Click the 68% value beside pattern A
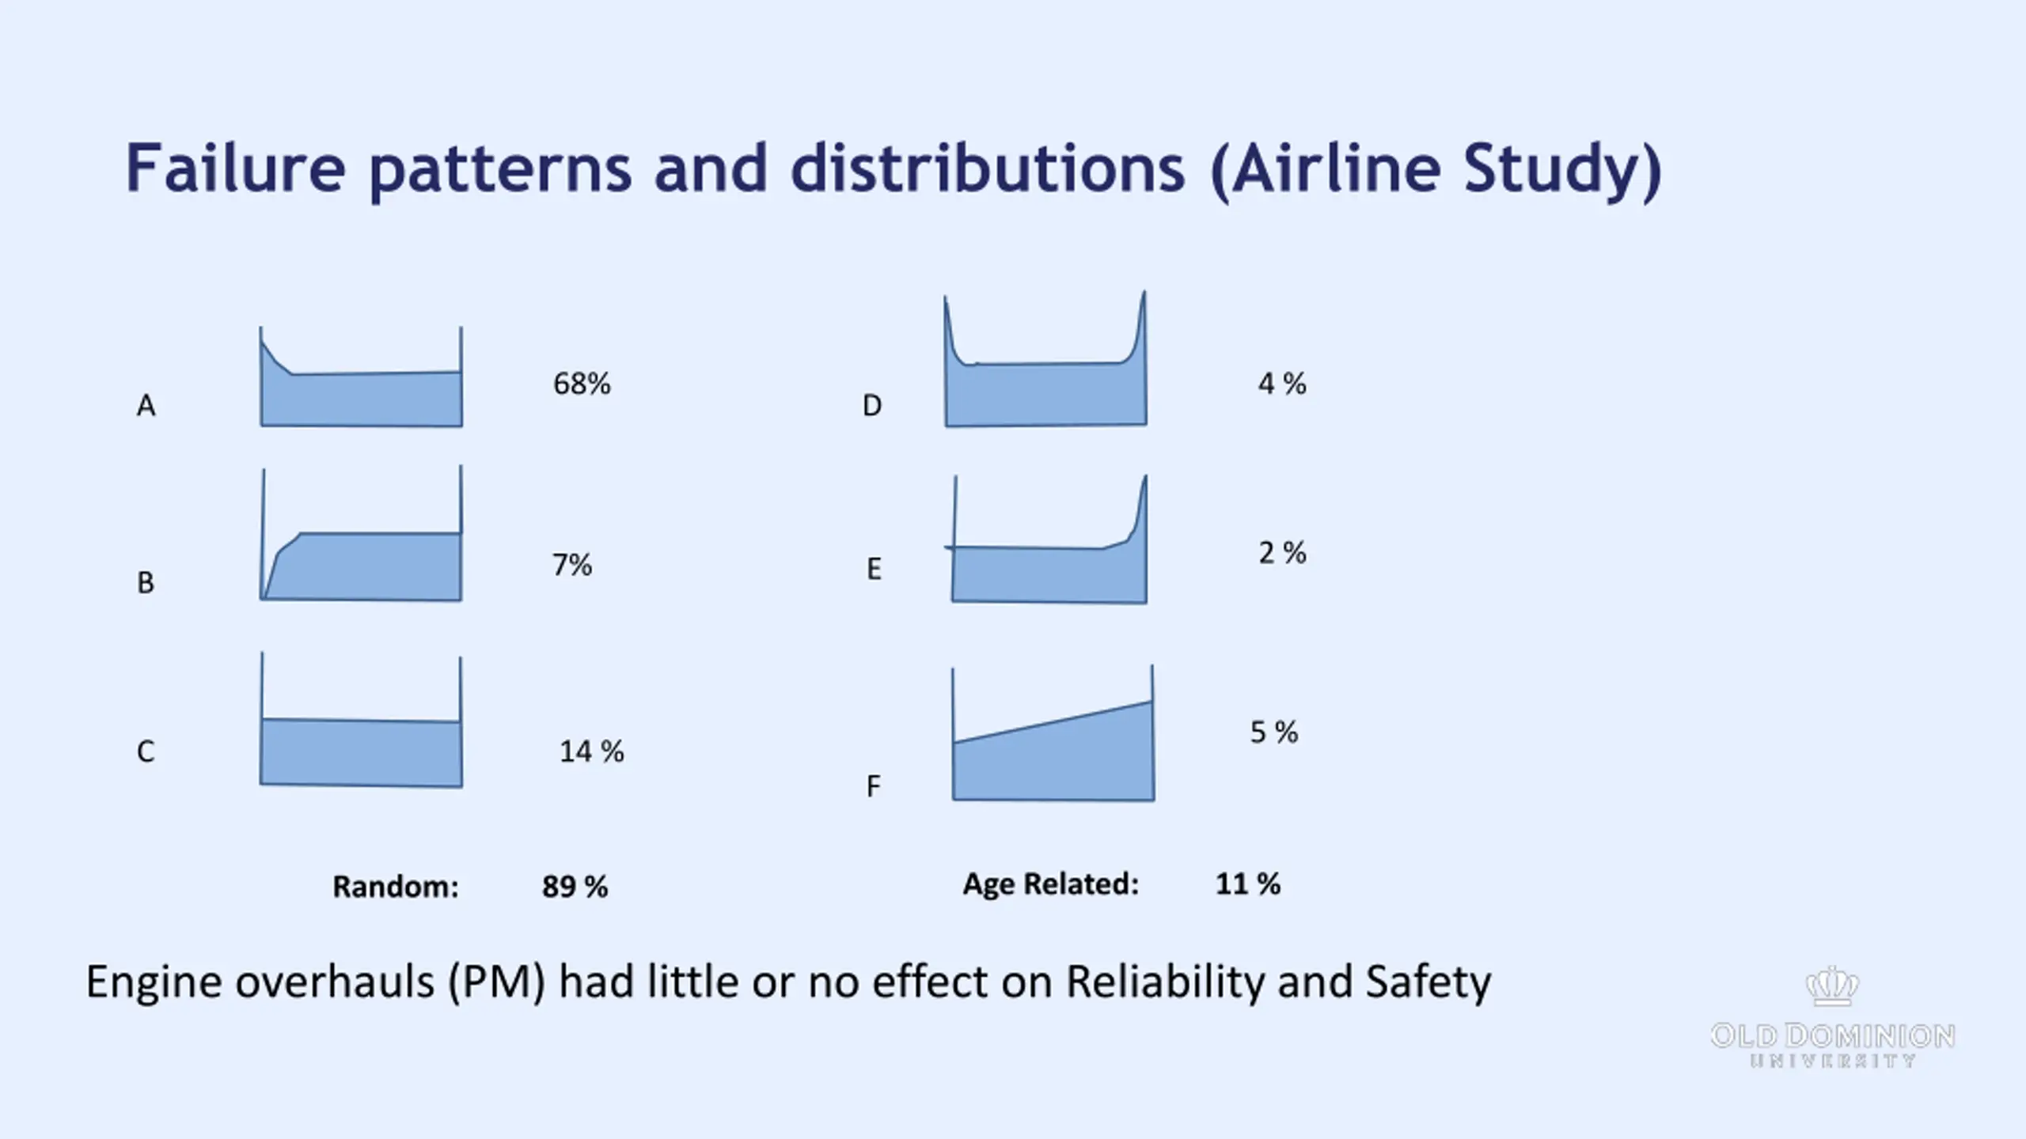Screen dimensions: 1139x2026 [582, 384]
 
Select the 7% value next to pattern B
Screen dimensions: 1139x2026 [571, 566]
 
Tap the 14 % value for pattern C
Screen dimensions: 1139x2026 [591, 751]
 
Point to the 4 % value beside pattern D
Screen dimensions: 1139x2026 [1282, 384]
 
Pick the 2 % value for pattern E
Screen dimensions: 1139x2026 [1282, 553]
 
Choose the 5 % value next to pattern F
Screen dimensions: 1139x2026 [1273, 732]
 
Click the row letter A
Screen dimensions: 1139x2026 [146, 406]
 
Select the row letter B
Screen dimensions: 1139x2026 [146, 583]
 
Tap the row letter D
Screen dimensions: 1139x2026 [871, 406]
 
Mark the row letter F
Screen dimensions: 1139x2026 [873, 787]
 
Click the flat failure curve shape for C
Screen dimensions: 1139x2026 [361, 752]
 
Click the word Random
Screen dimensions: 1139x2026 [395, 887]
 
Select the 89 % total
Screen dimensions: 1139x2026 [575, 887]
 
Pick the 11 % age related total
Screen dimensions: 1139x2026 [1247, 884]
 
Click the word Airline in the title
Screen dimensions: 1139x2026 [1336, 168]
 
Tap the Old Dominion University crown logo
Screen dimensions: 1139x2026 [1832, 987]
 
